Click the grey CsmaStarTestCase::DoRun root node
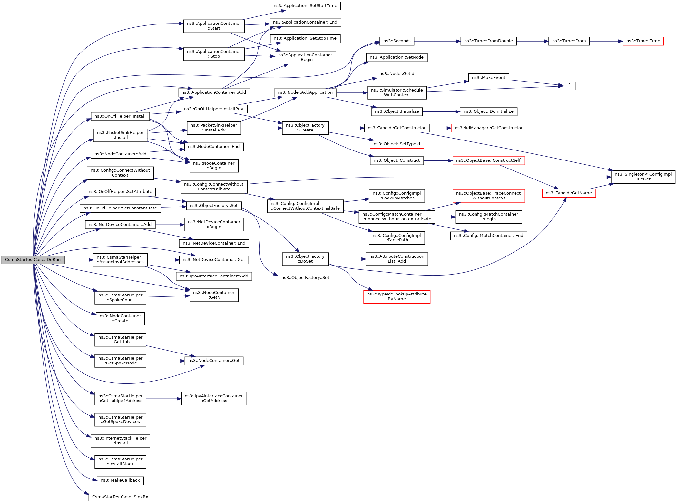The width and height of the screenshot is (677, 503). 33,260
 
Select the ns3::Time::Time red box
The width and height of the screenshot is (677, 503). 643,41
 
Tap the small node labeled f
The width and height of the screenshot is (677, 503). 569,86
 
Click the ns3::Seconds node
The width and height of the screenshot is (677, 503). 397,41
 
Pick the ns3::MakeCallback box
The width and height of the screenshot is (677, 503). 120,480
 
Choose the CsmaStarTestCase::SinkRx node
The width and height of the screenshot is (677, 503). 120,497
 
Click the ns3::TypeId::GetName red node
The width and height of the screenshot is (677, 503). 569,193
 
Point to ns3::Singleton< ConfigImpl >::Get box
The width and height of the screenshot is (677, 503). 643,177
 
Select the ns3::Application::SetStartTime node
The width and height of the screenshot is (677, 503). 305,6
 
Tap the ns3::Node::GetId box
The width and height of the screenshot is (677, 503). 397,74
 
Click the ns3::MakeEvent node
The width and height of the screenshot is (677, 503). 488,78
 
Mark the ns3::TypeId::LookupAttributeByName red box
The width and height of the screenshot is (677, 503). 397,296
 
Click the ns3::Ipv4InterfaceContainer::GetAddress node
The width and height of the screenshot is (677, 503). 214,399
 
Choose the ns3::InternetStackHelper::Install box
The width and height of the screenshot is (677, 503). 120,440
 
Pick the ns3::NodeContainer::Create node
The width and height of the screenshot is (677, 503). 120,318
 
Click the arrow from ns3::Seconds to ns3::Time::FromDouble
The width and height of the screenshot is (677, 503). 437,41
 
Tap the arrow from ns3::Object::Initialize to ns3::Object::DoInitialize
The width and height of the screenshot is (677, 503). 441,112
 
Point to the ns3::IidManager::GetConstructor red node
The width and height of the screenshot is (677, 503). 488,128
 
